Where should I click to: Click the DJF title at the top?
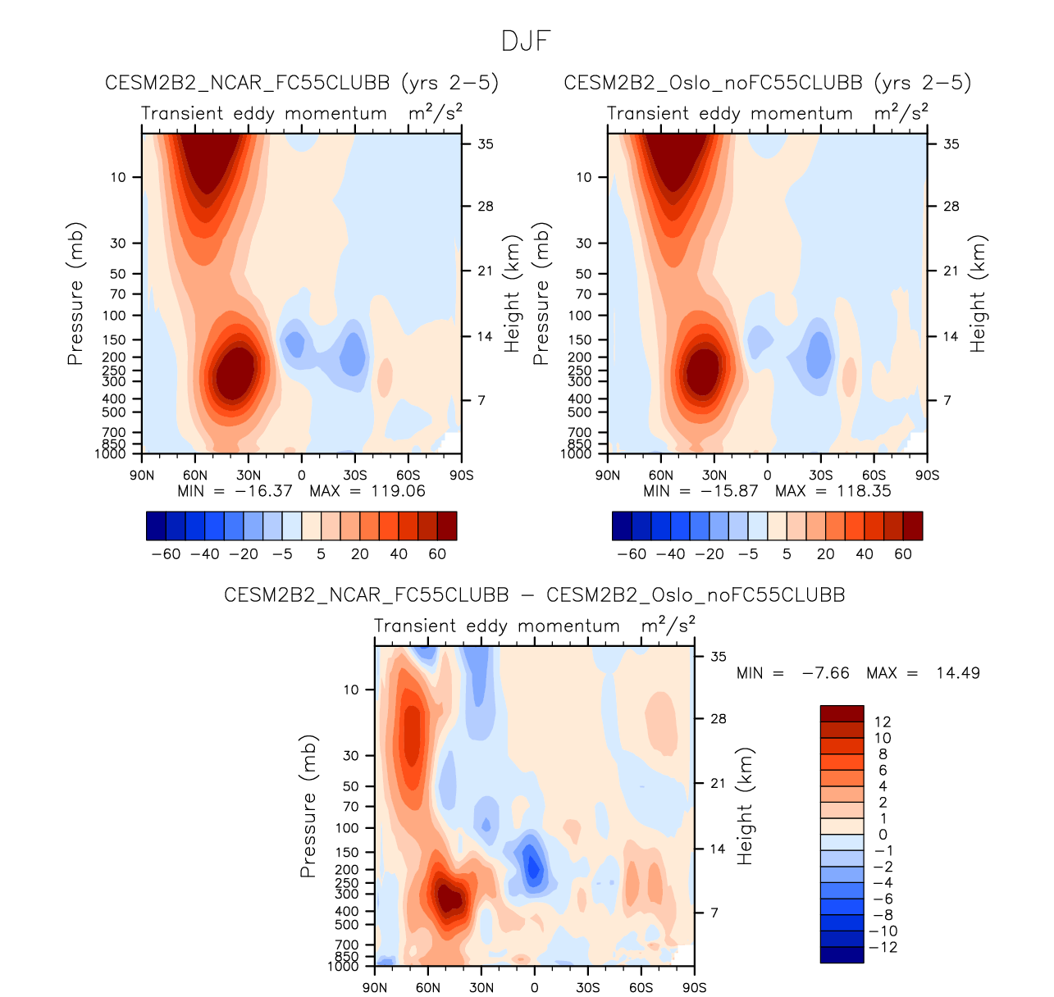526,41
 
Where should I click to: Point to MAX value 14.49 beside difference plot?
957,673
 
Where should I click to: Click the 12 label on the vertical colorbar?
883,722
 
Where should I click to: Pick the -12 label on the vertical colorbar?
883,947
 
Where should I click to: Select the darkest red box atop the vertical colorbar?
842,712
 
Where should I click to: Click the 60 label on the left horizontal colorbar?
437,554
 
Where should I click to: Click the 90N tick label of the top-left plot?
142,476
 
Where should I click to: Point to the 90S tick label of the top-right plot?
927,476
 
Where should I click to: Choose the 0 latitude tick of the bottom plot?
535,988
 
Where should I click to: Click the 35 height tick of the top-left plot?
486,144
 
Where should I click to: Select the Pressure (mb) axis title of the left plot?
75,294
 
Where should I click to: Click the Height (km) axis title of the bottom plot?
744,806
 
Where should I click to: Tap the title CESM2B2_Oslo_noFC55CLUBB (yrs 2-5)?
767,83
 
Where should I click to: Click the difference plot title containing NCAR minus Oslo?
534,595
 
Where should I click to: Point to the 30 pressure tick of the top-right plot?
583,243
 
